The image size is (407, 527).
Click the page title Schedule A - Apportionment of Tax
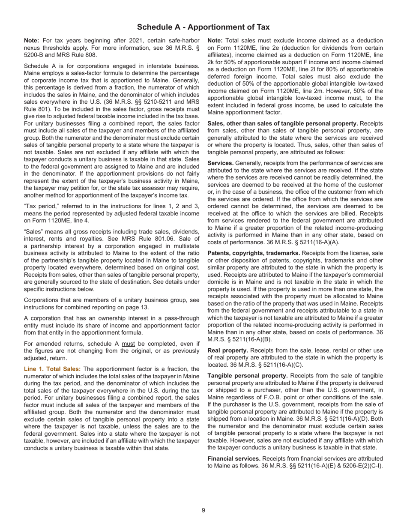pos(203,27)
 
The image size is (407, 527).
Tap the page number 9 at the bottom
pos(203,510)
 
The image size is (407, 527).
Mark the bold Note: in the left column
pos(32,41)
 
